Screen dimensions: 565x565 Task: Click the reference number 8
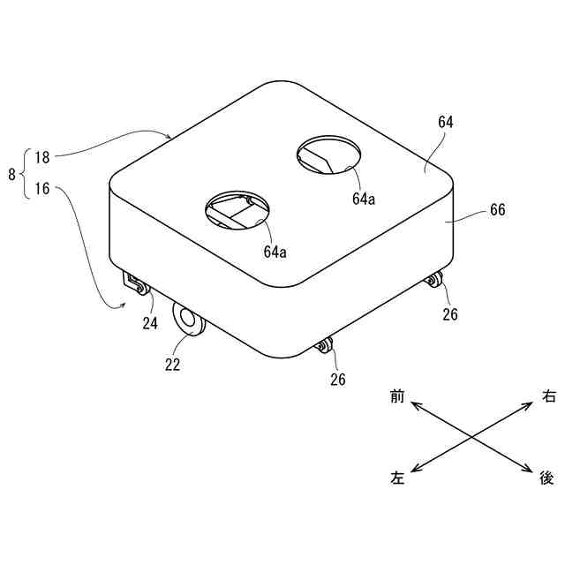[11, 175]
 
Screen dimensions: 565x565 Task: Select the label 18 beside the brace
[41, 158]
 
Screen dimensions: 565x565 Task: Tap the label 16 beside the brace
[41, 189]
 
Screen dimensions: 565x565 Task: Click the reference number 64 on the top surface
[445, 123]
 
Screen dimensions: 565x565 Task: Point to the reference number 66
[497, 212]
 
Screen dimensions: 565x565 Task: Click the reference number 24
[150, 323]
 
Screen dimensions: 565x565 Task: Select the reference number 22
[172, 363]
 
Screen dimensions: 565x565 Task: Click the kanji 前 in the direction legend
[397, 398]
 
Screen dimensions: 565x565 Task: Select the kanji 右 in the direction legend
[548, 398]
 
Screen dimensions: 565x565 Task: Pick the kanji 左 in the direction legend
[397, 478]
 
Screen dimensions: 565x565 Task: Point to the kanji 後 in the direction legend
[547, 478]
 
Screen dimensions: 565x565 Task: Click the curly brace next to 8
[25, 174]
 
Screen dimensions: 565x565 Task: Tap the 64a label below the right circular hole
[364, 200]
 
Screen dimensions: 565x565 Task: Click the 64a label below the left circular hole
[275, 251]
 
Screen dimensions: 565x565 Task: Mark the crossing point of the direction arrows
[472, 437]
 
